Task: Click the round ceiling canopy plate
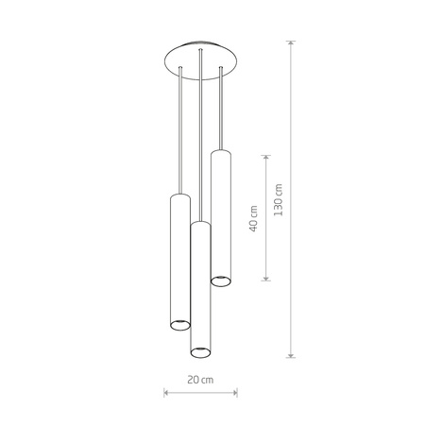[199, 55]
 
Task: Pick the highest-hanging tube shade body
[221, 217]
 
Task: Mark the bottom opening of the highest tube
[221, 280]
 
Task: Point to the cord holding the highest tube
[221, 109]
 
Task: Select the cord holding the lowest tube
[199, 142]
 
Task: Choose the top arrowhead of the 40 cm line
[267, 151]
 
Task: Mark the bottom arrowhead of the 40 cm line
[267, 280]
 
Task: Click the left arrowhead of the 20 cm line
[166, 390]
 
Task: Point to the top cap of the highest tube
[221, 152]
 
